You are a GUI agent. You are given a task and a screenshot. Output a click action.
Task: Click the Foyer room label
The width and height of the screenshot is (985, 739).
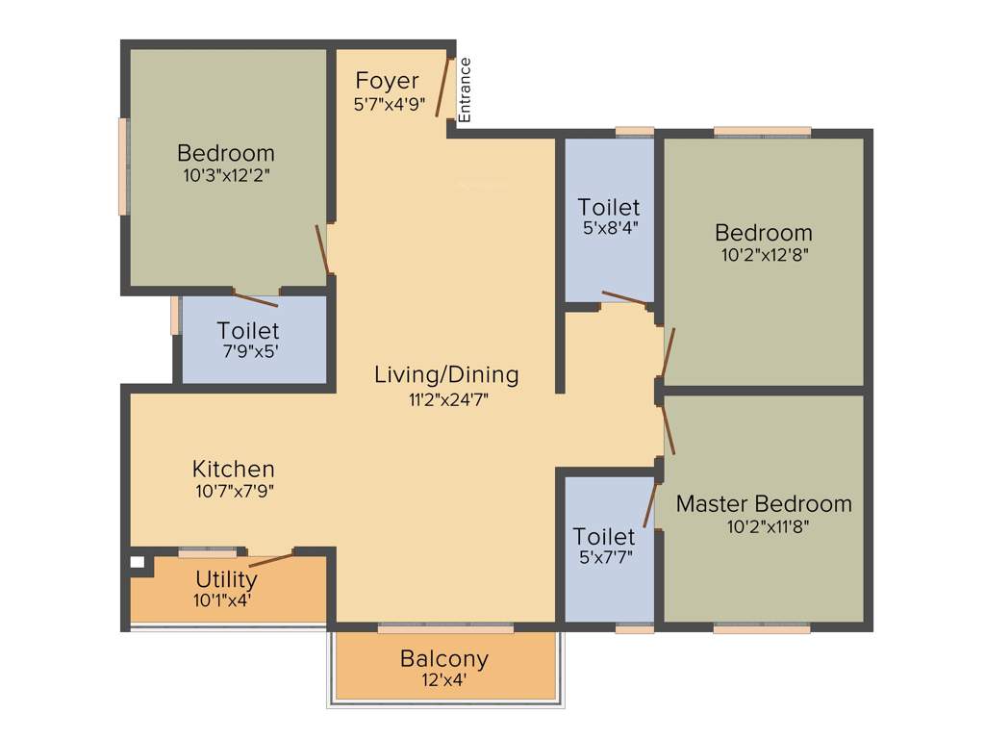(x=387, y=80)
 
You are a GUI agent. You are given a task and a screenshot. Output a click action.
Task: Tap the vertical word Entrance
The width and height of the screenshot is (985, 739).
(x=465, y=89)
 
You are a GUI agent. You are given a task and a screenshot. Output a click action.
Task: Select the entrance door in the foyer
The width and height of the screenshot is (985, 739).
(x=442, y=87)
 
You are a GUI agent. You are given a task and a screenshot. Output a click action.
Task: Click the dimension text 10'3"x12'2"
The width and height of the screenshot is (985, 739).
(x=225, y=176)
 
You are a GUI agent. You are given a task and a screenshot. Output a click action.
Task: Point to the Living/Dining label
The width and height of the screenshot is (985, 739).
(x=446, y=374)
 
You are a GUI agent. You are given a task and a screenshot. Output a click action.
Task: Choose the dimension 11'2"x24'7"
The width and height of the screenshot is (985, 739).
(x=446, y=397)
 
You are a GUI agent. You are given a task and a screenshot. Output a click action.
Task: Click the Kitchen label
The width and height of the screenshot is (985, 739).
(x=234, y=469)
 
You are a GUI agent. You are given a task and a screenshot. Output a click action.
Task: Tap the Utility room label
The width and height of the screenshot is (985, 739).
(x=226, y=579)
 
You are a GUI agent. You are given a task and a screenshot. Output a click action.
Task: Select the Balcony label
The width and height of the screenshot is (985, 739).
(x=444, y=659)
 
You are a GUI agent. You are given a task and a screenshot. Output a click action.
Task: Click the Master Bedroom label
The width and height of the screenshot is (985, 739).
(x=764, y=503)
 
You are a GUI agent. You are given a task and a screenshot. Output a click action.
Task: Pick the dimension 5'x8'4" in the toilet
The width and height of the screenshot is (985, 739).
(x=608, y=229)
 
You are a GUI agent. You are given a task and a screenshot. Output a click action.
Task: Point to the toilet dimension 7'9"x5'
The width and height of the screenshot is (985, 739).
(x=248, y=352)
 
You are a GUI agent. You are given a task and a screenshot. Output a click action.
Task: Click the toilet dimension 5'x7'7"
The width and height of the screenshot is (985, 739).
(x=604, y=557)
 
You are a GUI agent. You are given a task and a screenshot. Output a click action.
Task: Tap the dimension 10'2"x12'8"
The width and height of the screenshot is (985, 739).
(x=764, y=256)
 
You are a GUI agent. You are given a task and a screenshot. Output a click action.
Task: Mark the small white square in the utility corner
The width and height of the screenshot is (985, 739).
(x=137, y=562)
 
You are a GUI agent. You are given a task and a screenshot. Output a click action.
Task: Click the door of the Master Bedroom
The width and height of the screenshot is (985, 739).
(x=668, y=428)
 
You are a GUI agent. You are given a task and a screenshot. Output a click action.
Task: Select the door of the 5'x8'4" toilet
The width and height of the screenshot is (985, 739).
(x=624, y=297)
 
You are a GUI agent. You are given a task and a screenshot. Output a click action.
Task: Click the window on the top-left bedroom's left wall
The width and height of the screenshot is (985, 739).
(x=123, y=166)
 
